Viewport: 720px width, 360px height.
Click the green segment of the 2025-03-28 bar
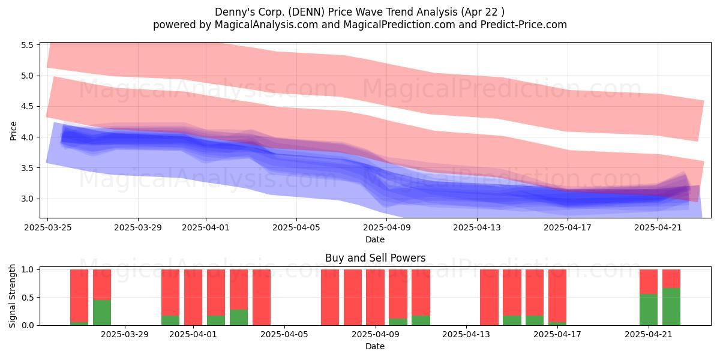[x=102, y=313]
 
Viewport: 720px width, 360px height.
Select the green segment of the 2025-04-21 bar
[x=649, y=310]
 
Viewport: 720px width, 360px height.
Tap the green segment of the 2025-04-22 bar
[x=671, y=307]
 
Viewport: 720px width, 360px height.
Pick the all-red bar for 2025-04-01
[x=193, y=298]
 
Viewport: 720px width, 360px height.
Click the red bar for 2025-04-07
[x=330, y=298]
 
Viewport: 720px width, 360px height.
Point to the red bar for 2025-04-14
[x=489, y=298]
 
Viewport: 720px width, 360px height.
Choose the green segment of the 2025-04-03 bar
[x=239, y=317]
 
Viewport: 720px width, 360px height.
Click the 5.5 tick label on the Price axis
[x=28, y=45]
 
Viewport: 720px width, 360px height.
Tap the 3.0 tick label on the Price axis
[x=28, y=199]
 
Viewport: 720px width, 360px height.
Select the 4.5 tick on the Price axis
[x=28, y=106]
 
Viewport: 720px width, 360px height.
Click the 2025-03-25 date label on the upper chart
[x=48, y=227]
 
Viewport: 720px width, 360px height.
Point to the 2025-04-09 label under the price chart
[x=386, y=227]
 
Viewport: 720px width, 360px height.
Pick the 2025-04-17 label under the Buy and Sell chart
[x=557, y=335]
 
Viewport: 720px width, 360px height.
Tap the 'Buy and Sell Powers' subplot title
[x=375, y=258]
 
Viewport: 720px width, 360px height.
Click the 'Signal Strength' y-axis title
[x=12, y=296]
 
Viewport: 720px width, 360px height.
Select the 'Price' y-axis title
[x=13, y=131]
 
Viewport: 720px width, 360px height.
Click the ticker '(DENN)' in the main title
[x=305, y=12]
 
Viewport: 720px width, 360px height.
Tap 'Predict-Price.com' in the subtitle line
[x=524, y=25]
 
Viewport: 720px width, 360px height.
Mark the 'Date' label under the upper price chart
[x=375, y=239]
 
